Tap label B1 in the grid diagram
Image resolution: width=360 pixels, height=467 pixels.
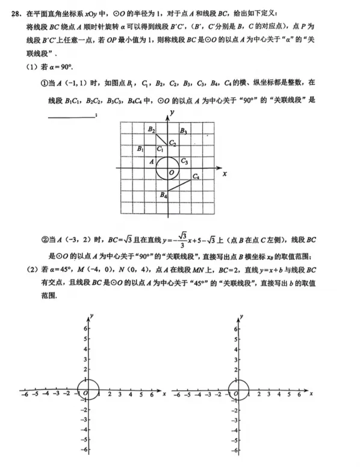(140, 148)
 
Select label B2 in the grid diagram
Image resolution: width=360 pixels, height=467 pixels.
(152, 129)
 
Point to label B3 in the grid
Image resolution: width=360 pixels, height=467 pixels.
(183, 131)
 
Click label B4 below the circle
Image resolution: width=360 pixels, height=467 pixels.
(163, 194)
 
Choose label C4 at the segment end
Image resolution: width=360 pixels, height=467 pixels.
(196, 176)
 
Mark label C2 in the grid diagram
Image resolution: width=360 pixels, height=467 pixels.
(173, 143)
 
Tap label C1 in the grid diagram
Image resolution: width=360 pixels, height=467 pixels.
(160, 149)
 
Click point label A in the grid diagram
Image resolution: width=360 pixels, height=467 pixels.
(151, 161)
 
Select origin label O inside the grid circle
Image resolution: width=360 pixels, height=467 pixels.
(172, 173)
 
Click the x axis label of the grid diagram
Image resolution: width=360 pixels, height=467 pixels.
(224, 173)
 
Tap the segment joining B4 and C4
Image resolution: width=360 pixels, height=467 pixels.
(180, 185)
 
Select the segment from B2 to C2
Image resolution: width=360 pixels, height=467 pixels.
(161, 137)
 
